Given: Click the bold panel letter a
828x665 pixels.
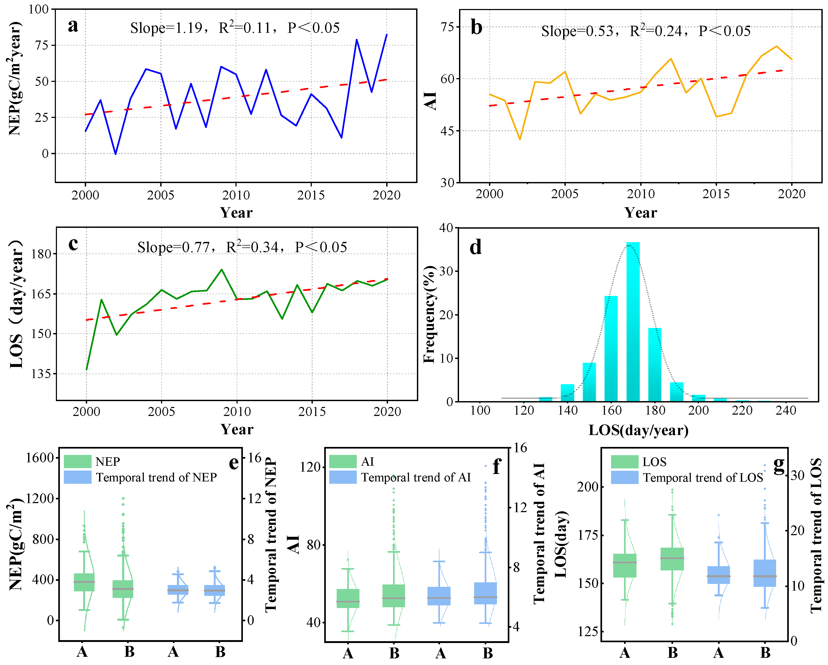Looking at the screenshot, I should pyautogui.click(x=73, y=26).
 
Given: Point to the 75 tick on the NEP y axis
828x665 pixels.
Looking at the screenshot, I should pyautogui.click(x=42, y=45).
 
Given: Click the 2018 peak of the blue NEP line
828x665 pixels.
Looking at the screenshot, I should pyautogui.click(x=357, y=39).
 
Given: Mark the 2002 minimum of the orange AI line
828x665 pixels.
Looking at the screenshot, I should pyautogui.click(x=520, y=139).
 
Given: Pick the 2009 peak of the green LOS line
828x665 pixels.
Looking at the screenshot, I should pyautogui.click(x=222, y=270).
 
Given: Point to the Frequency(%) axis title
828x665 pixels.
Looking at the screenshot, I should pyautogui.click(x=429, y=314).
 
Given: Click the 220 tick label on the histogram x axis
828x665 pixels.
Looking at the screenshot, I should pyautogui.click(x=742, y=411).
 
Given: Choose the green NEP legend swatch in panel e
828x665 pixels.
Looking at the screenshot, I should pyautogui.click(x=78, y=461).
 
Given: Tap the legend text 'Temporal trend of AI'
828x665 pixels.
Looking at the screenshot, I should pyautogui.click(x=416, y=477).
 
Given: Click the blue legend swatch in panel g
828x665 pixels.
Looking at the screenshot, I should pyautogui.click(x=625, y=477).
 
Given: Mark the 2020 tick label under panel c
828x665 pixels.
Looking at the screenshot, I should pyautogui.click(x=387, y=412).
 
